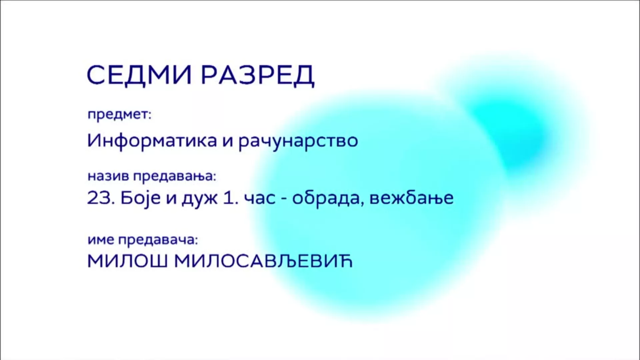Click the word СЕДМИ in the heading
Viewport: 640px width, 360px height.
[x=139, y=75]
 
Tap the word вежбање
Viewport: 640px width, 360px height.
[x=412, y=198]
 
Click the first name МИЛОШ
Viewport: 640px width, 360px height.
[x=127, y=262]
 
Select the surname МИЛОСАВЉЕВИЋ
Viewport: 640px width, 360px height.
[x=263, y=262]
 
